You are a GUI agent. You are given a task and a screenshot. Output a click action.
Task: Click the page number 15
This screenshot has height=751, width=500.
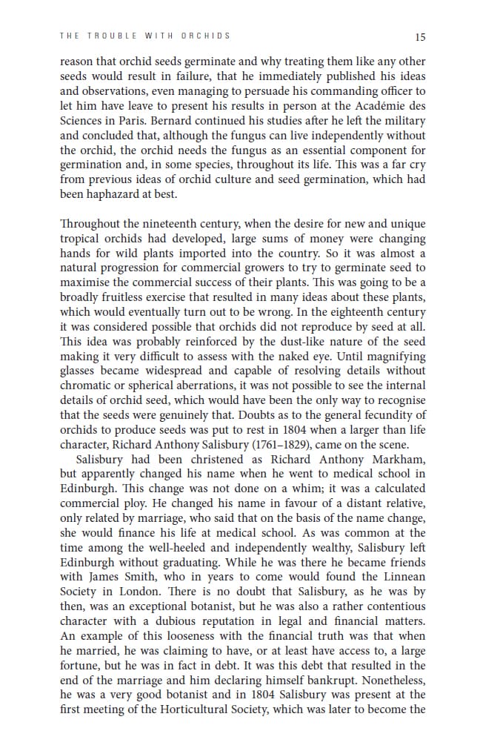(x=421, y=36)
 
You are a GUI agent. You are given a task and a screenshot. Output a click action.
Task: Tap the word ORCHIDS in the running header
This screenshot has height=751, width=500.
(x=205, y=36)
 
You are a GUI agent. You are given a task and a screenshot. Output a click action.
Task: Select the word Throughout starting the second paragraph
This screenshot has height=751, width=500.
(x=91, y=224)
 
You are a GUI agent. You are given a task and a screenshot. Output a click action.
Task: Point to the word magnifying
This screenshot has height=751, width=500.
(x=399, y=355)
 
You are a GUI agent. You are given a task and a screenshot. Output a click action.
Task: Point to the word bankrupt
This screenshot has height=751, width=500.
(x=316, y=679)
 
